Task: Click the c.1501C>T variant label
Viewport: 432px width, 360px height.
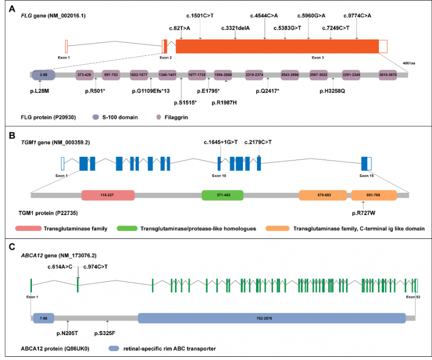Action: tap(201, 16)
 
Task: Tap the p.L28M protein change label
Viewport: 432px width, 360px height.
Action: tap(40, 91)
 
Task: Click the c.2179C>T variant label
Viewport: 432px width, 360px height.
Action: tap(259, 142)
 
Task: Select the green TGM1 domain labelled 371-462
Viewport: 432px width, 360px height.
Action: tap(222, 195)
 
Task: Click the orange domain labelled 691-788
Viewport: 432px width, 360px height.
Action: tap(374, 195)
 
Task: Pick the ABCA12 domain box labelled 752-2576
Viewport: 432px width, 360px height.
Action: tap(272, 318)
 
